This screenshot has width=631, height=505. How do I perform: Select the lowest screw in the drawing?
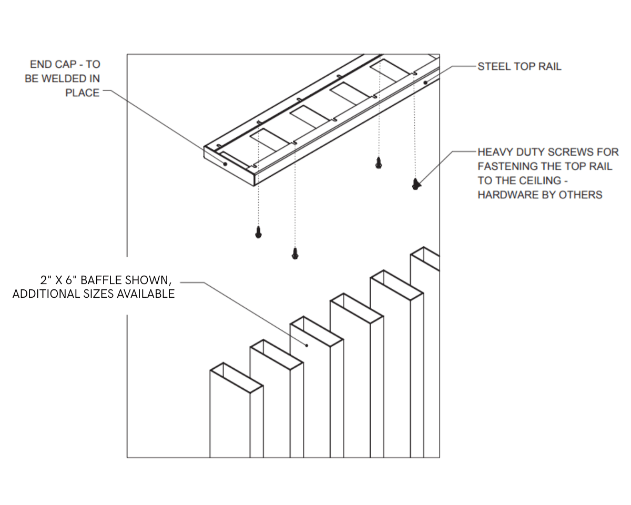tap(294, 254)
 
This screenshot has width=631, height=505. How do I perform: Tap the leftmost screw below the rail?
tap(258, 232)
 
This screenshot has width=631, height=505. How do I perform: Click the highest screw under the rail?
tap(378, 163)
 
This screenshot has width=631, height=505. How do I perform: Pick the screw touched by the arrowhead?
tap(415, 184)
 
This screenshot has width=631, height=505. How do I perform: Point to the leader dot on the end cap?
tap(225, 164)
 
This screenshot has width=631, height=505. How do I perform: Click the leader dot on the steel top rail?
tap(425, 82)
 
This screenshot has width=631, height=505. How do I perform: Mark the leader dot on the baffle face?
tap(308, 346)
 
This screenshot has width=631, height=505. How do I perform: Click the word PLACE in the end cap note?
tap(82, 93)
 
